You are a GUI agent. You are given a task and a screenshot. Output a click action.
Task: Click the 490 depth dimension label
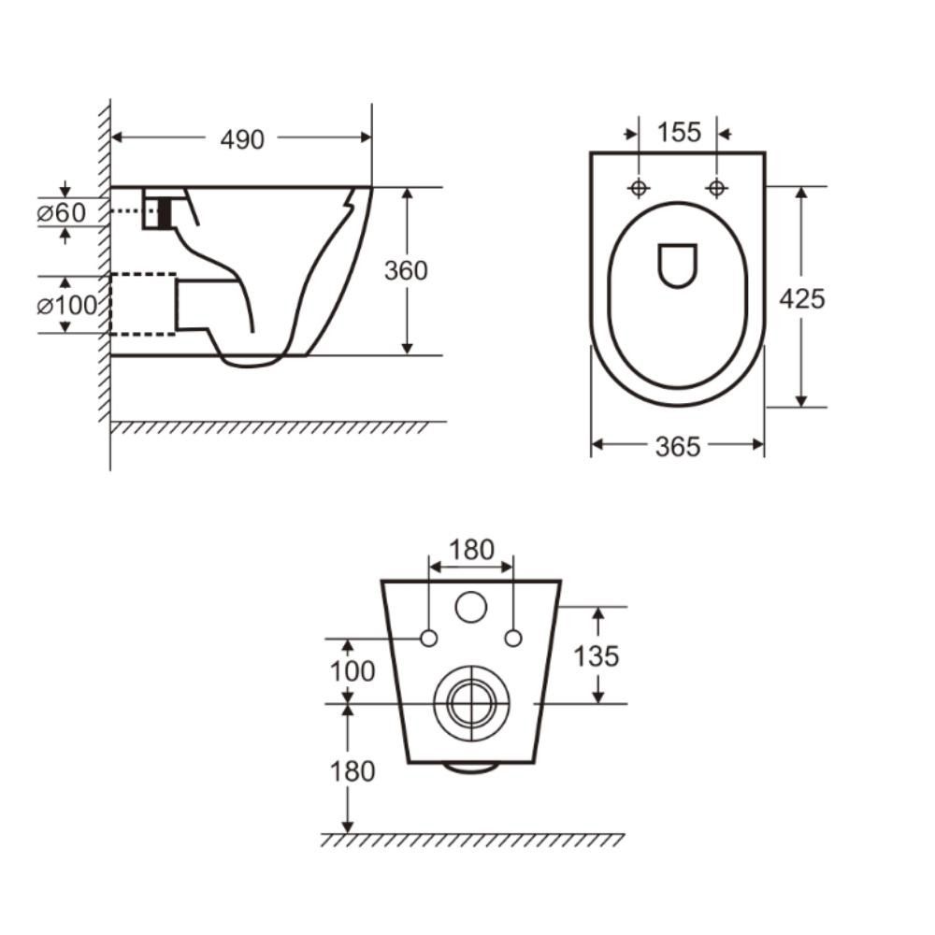(242, 139)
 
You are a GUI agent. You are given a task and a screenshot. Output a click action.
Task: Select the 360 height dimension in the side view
(406, 270)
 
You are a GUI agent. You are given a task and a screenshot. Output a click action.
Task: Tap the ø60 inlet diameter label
(61, 213)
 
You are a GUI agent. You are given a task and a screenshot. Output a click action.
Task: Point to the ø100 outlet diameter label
(67, 305)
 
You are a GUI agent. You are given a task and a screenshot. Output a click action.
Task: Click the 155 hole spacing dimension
(678, 133)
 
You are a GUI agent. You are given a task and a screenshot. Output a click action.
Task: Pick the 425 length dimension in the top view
(802, 298)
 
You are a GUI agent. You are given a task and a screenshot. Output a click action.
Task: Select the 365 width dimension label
(677, 448)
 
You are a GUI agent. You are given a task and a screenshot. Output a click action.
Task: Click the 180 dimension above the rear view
(470, 551)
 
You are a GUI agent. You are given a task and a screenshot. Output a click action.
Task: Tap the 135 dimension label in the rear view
(597, 656)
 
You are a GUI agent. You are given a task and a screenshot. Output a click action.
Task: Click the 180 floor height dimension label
(352, 771)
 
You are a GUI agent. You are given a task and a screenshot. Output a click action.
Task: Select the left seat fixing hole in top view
(639, 188)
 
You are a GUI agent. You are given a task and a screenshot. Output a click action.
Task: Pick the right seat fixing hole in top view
(717, 188)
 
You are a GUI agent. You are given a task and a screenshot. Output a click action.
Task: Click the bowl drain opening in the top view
(678, 265)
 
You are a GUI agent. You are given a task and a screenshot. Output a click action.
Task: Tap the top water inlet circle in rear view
(471, 608)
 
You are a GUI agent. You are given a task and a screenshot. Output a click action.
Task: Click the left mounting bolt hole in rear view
(429, 639)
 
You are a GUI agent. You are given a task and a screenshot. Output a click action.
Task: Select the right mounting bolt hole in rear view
(512, 639)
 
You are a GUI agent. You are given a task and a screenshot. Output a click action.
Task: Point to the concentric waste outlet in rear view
(471, 698)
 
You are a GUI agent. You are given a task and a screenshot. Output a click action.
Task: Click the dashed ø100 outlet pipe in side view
(143, 304)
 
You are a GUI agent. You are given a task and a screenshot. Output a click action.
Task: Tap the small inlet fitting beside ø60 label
(157, 209)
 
